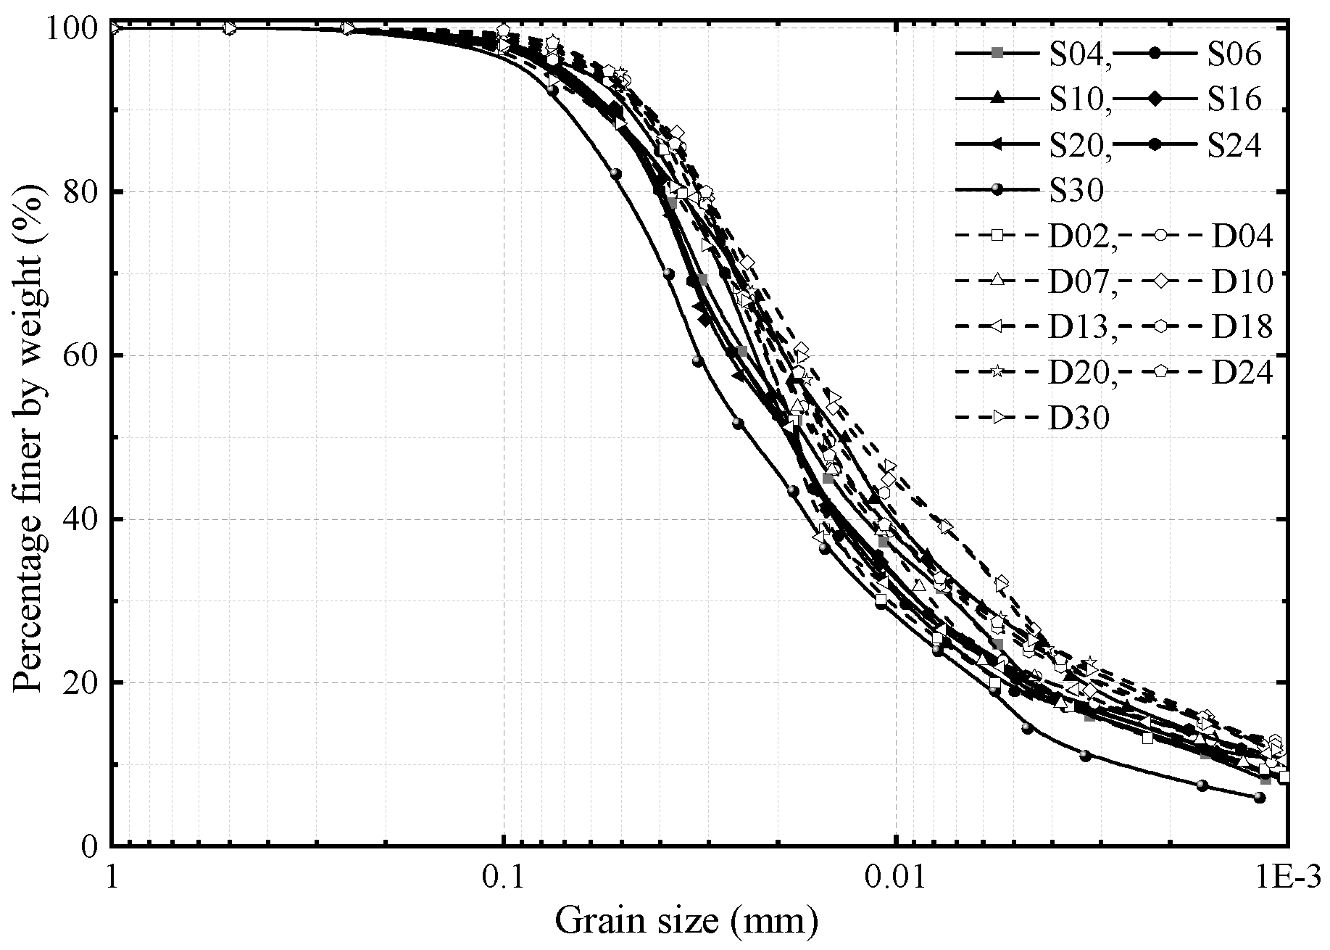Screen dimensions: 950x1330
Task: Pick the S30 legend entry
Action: [x=1076, y=191]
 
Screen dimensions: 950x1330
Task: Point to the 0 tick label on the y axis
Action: [x=90, y=846]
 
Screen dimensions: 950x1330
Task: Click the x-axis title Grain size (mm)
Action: [x=686, y=922]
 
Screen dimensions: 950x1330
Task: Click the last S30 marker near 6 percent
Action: [x=1259, y=798]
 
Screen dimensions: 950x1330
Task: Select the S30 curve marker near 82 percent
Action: [x=616, y=174]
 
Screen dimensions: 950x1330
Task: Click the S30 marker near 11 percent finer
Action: [x=1085, y=756]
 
